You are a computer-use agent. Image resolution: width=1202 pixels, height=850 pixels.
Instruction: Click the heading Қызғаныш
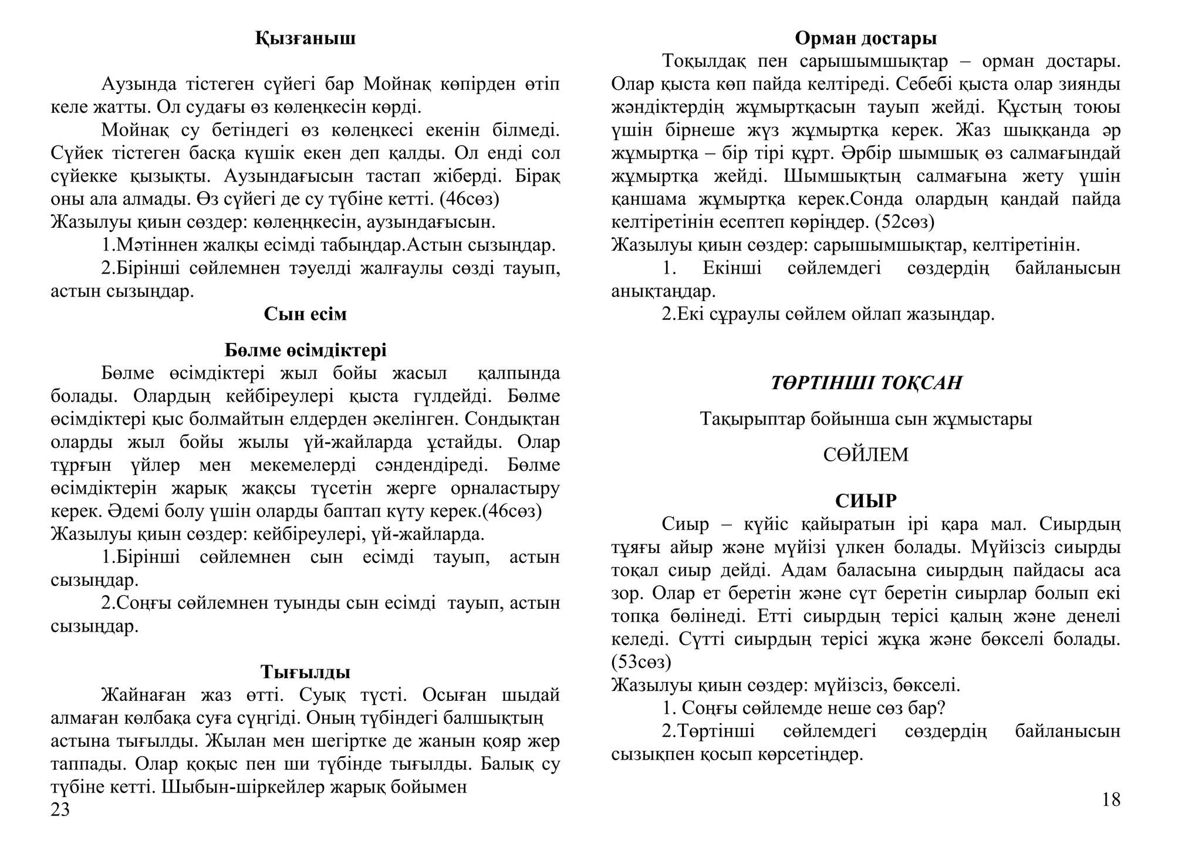tap(305, 39)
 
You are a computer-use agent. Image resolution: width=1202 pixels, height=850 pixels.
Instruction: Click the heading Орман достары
tap(866, 39)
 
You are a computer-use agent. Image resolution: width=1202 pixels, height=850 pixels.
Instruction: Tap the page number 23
tap(60, 810)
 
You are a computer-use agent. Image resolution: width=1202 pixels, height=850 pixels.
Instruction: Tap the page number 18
tap(1111, 800)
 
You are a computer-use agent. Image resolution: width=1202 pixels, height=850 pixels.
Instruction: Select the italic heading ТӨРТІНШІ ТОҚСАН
tap(866, 383)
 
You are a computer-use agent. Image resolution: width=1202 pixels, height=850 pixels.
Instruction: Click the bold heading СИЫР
tap(866, 501)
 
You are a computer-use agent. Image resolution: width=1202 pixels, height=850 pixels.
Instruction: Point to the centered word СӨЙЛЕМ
tap(866, 455)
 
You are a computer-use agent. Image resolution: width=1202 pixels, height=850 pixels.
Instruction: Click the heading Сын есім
tap(305, 314)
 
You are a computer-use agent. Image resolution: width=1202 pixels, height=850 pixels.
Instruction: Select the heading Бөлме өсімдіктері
tap(305, 350)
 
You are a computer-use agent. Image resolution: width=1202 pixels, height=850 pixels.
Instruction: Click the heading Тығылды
tap(305, 672)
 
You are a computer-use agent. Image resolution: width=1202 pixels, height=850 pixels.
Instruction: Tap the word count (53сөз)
tap(641, 662)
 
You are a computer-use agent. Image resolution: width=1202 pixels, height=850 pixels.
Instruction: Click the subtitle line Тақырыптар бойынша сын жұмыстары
tap(866, 419)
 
